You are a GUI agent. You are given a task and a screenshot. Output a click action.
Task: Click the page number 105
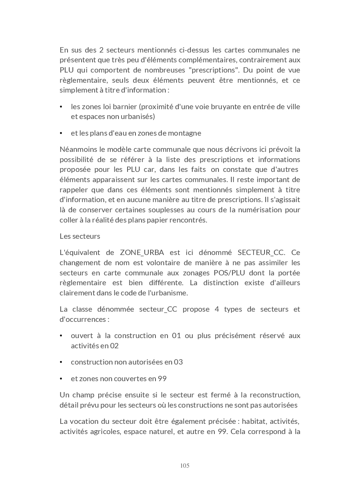tap(185, 465)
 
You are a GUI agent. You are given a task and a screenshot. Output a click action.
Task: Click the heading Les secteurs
tap(80, 236)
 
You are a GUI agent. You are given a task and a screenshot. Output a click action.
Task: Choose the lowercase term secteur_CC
tap(158, 309)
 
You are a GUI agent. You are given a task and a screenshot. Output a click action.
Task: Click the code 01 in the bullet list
tap(176, 336)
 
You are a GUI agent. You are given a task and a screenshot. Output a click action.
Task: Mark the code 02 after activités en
tap(114, 346)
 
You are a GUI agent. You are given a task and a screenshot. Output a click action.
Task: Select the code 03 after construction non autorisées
tap(178, 362)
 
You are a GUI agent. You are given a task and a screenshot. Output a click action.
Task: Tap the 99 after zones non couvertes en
tap(162, 379)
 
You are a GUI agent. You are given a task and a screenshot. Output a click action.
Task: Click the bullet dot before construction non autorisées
tap(61, 362)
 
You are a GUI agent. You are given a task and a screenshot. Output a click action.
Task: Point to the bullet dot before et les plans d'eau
tap(61, 133)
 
